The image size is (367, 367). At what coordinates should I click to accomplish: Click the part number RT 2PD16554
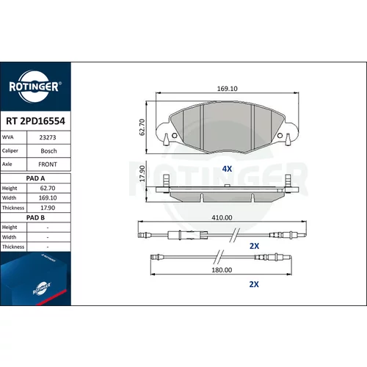35,121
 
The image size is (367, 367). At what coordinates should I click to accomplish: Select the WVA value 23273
48,137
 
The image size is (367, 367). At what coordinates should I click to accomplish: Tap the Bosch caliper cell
48,151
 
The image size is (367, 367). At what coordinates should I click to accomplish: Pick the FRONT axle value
48,164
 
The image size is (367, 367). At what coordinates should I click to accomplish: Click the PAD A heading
35,178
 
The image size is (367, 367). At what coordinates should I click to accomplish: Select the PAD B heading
35,217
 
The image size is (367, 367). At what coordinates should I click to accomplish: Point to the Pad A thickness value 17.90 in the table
48,208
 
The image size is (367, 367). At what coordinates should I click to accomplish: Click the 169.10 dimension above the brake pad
228,89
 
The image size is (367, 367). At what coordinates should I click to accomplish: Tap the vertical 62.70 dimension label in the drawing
142,127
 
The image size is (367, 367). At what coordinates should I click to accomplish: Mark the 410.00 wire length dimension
222,217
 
